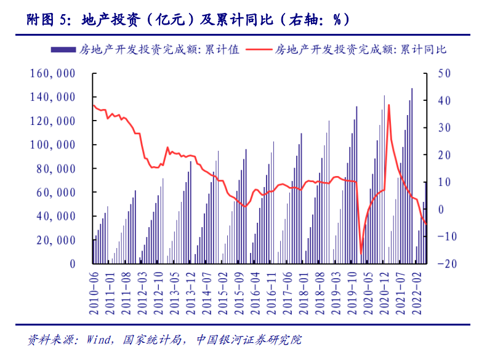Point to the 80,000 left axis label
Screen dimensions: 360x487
pos(55,169)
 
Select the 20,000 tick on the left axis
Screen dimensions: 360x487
pos(55,240)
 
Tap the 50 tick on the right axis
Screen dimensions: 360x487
pos(444,74)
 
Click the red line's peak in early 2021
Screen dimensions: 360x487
pos(388,105)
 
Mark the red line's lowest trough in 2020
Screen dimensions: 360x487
pos(361,252)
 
